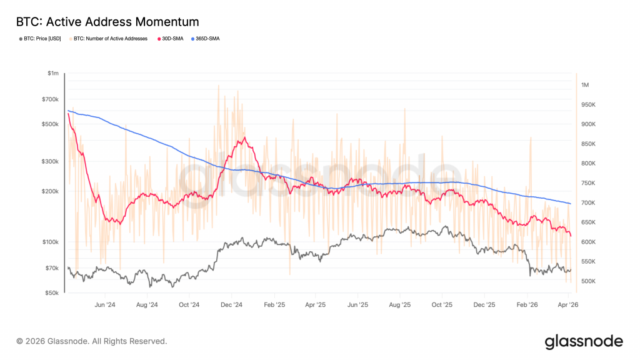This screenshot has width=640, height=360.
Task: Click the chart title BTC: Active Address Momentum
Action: (x=107, y=22)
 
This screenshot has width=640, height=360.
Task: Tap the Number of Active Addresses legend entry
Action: (x=110, y=39)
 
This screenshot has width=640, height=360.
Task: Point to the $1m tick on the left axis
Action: (x=52, y=73)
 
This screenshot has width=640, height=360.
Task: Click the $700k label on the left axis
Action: (x=50, y=99)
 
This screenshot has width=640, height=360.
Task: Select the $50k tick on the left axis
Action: (x=52, y=292)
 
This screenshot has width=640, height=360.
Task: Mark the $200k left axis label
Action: (x=50, y=191)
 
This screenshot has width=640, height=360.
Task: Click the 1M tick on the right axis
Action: (x=586, y=85)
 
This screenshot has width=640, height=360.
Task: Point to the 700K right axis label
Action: (x=588, y=203)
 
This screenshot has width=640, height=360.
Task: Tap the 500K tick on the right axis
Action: (x=588, y=281)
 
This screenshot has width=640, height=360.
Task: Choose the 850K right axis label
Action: (x=588, y=144)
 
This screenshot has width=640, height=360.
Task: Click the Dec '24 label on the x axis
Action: (x=231, y=305)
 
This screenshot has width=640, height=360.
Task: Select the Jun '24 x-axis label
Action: (x=104, y=305)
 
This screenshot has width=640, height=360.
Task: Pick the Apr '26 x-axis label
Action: (x=568, y=305)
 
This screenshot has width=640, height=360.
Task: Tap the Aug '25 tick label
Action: (x=399, y=305)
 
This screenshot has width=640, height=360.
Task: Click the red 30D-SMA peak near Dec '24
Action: (x=244, y=137)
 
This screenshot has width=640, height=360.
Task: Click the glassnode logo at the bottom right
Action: (x=584, y=341)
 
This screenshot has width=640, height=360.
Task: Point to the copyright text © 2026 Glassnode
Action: (x=92, y=341)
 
